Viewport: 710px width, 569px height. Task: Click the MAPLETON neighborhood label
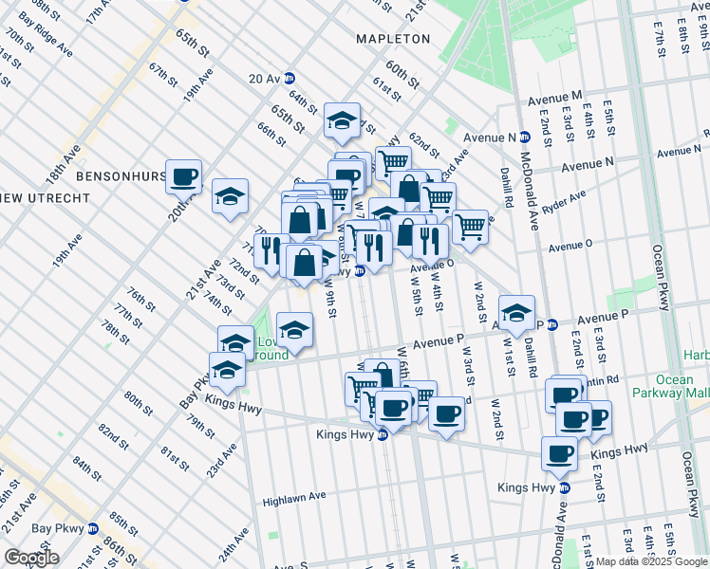(x=393, y=39)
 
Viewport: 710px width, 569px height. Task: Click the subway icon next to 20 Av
(x=290, y=79)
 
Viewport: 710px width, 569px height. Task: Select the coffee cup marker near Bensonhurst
(x=184, y=175)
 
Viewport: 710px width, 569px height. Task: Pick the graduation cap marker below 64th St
(x=343, y=119)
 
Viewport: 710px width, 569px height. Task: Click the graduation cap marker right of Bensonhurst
(x=230, y=196)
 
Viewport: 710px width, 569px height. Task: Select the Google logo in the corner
(x=31, y=558)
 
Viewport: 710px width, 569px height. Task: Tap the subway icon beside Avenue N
(x=524, y=138)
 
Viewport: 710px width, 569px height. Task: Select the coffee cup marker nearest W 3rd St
(x=446, y=413)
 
